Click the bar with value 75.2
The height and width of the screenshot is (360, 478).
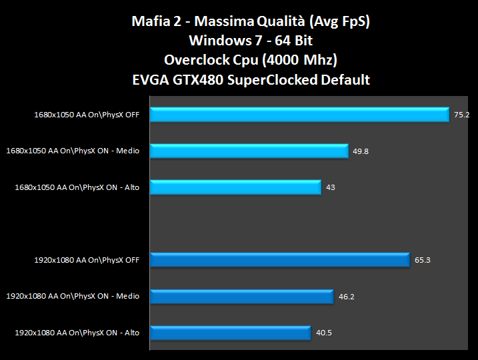[300, 115]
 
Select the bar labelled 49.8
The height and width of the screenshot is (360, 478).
[249, 151]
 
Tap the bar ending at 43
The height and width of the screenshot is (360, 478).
[236, 187]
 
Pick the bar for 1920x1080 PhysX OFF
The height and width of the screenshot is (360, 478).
[280, 260]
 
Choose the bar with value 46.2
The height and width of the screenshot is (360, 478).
[242, 296]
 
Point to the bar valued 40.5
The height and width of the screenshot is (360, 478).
[231, 332]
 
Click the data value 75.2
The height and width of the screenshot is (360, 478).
[462, 115]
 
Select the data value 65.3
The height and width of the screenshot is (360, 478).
[422, 260]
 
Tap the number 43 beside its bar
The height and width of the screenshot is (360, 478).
[330, 187]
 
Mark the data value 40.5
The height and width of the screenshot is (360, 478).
[324, 332]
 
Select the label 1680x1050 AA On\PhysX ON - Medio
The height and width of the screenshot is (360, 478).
[73, 151]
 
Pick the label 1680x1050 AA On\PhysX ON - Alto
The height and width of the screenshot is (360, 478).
[77, 187]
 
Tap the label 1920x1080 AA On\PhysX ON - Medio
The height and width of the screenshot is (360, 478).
[73, 296]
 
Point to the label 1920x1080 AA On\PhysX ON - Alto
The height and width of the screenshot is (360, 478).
[77, 332]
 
